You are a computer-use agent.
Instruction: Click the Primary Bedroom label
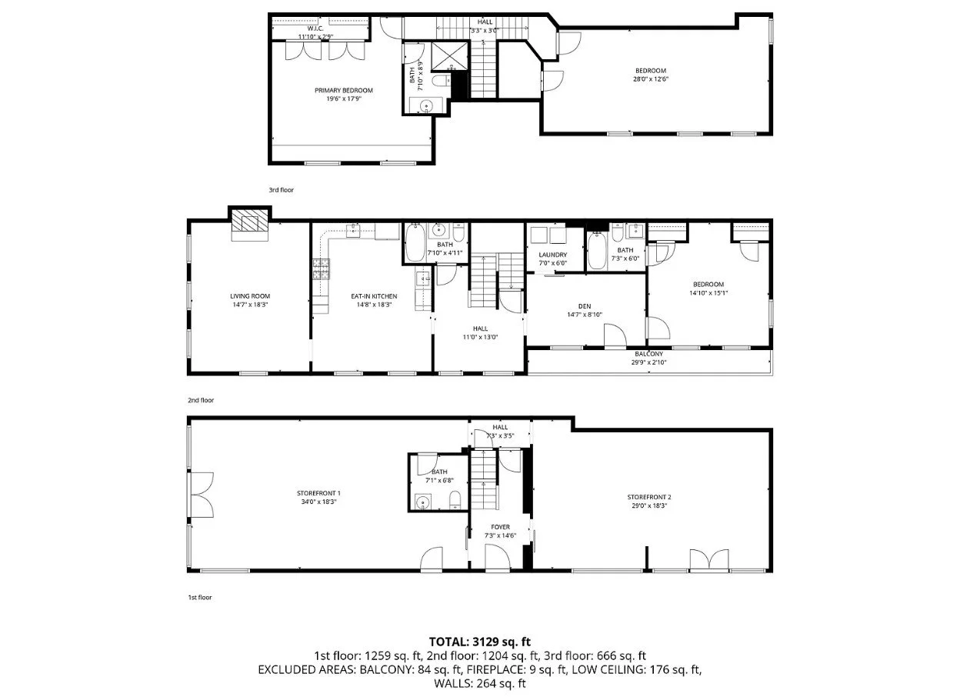pos(344,91)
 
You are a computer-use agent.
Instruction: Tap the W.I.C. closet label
pos(315,28)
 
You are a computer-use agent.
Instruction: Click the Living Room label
pos(250,296)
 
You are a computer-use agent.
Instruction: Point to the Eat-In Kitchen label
pos(374,296)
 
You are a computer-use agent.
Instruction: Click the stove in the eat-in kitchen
pos(321,269)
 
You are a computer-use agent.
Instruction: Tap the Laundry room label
pos(553,255)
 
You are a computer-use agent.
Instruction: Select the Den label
pos(585,306)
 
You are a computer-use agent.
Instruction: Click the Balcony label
pos(649,354)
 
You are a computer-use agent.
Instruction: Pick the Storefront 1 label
pos(318,493)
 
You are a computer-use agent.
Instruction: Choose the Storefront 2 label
pos(649,497)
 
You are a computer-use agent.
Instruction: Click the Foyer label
pos(500,527)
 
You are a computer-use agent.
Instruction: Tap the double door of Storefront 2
pos(709,560)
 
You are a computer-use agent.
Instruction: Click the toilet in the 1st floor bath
pos(455,500)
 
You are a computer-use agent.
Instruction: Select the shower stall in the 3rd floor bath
pos(448,55)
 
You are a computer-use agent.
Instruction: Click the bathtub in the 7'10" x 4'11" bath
pos(415,242)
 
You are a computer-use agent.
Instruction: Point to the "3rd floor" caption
pos(281,190)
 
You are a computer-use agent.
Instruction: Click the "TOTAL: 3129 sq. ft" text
pos(479,642)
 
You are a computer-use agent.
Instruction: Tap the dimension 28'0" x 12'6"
pos(651,79)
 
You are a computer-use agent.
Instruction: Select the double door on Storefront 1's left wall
pos(201,495)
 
